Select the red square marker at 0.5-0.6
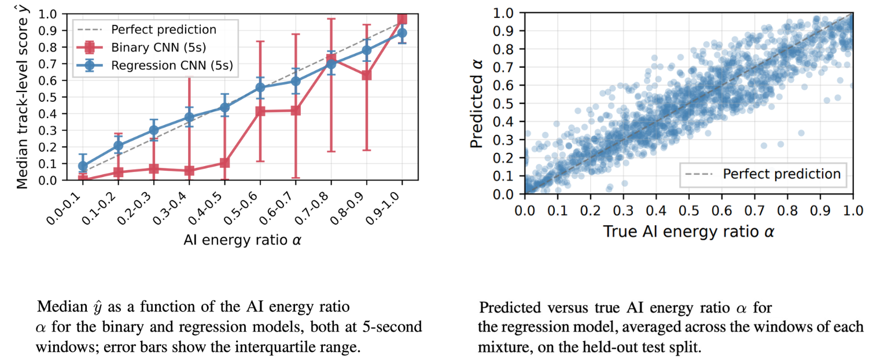pos(260,112)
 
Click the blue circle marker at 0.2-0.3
pos(153,130)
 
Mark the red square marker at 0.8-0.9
pos(366,75)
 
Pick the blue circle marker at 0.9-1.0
pos(402,33)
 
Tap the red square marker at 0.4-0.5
pos(224,163)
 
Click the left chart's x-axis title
pos(242,240)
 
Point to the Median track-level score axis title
pos(23,97)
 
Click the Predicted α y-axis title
pos(476,104)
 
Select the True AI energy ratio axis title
pos(688,232)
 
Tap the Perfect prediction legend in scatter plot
pos(763,174)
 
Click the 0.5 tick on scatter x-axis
pos(688,211)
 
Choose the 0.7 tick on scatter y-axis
pos(503,67)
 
